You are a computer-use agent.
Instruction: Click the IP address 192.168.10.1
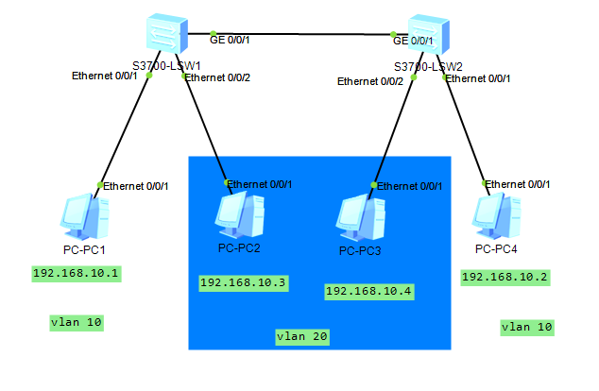tap(77, 274)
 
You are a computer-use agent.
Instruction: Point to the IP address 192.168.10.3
tap(243, 281)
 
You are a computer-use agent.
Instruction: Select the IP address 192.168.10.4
tap(368, 291)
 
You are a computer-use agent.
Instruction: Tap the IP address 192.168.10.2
tap(505, 277)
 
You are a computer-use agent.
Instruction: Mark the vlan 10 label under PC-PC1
tap(76, 322)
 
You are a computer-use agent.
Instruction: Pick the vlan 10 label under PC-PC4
tap(526, 327)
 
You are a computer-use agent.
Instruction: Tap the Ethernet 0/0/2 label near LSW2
tap(370, 81)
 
